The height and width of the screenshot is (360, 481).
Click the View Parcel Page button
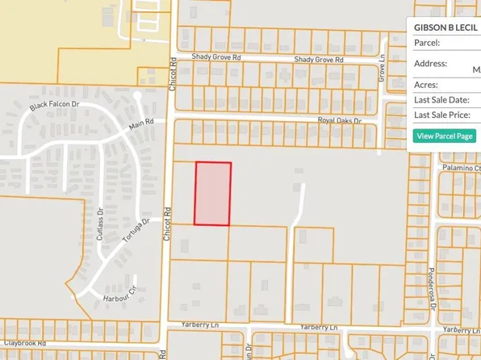point(445,136)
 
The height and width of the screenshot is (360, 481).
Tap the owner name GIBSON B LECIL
point(444,27)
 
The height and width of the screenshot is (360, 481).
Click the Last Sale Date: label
point(441,99)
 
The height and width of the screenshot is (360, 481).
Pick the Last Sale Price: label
point(442,115)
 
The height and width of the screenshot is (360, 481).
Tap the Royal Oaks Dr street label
point(340,121)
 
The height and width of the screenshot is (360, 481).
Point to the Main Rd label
point(141,126)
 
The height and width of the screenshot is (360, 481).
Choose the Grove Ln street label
point(380,70)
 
